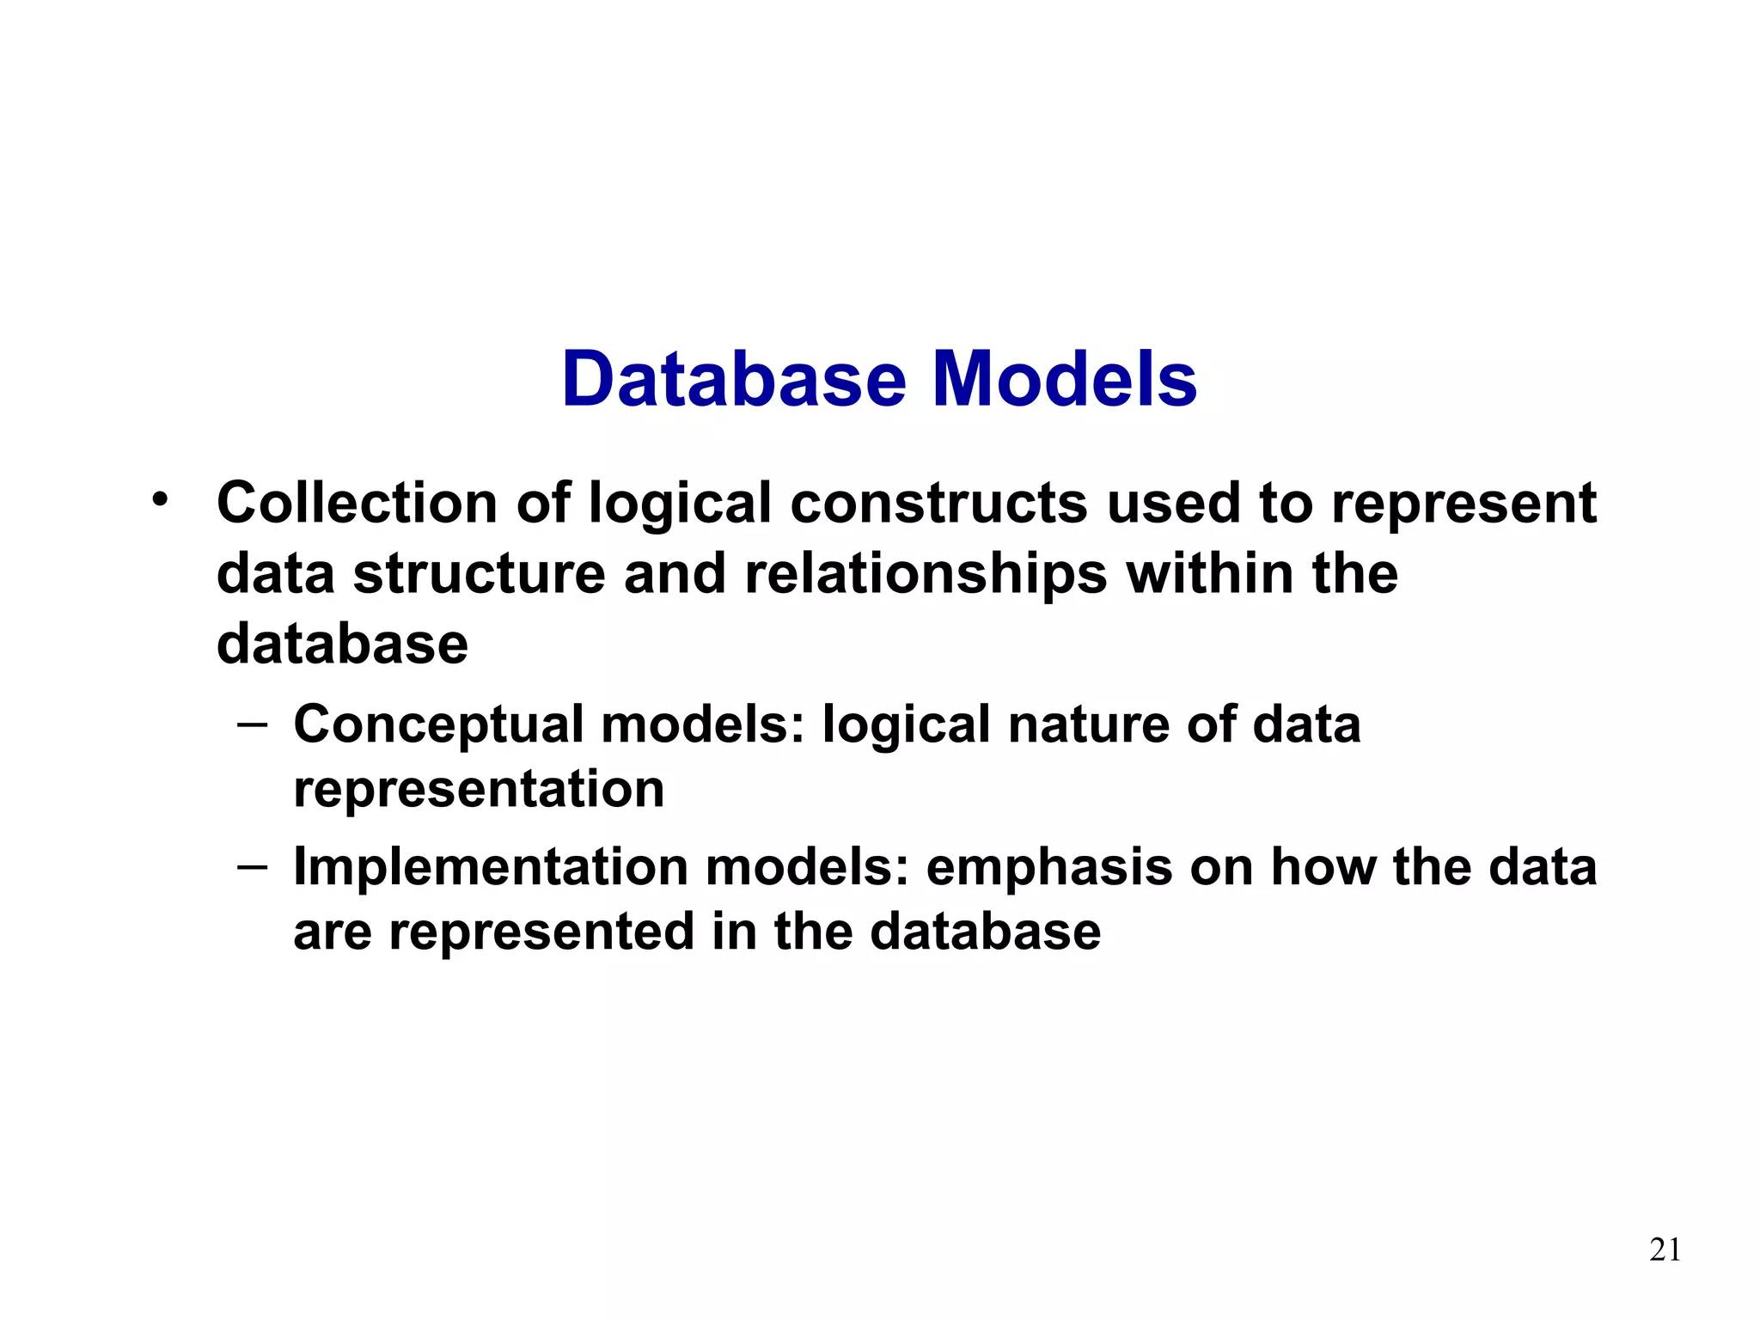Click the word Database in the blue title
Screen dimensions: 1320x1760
click(x=734, y=380)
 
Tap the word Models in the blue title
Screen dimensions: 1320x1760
click(x=1065, y=380)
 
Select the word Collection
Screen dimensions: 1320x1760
click(x=357, y=503)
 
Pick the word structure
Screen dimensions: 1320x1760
click(x=479, y=575)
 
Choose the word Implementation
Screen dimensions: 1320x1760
click(x=491, y=866)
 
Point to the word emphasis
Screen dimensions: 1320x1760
click(x=1048, y=868)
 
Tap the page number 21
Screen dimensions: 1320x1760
click(x=1665, y=1250)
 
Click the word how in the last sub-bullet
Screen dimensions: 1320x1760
click(x=1323, y=866)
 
